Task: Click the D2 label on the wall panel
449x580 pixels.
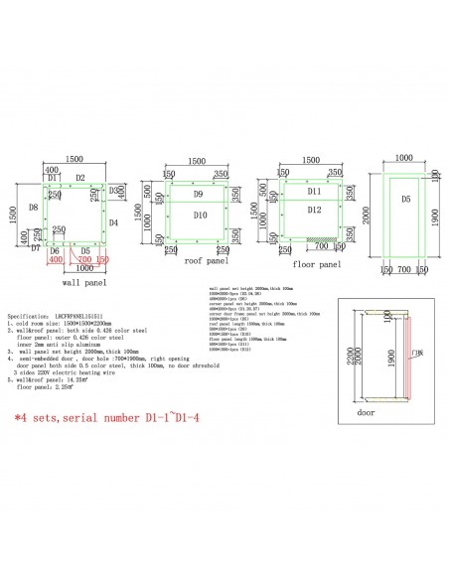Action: click(x=81, y=178)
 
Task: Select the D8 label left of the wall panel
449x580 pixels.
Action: click(x=33, y=207)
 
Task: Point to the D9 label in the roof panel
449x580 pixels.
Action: click(x=198, y=194)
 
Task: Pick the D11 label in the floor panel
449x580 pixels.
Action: click(x=314, y=190)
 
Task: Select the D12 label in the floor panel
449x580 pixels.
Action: click(x=315, y=210)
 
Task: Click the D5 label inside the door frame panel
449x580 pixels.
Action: click(x=405, y=200)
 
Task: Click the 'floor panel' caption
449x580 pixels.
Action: click(x=318, y=265)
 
